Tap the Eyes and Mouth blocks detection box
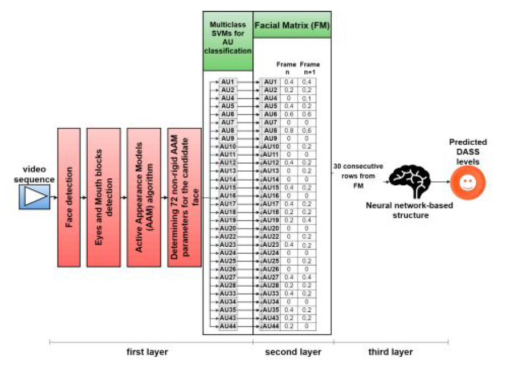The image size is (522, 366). pyautogui.click(x=103, y=197)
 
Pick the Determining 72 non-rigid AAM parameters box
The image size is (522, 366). pyautogui.click(x=185, y=197)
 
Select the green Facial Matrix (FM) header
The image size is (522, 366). pyautogui.click(x=292, y=26)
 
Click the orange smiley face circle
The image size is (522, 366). pyautogui.click(x=467, y=182)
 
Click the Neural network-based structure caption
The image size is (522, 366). pyautogui.click(x=414, y=210)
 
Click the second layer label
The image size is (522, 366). pyautogui.click(x=293, y=352)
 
